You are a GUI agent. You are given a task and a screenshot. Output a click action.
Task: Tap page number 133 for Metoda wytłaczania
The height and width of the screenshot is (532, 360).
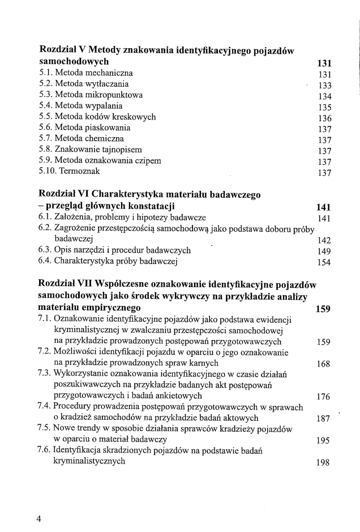(324, 85)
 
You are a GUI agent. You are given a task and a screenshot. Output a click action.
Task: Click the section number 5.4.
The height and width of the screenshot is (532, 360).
(46, 106)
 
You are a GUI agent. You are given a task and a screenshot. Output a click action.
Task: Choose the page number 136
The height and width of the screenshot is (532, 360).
(324, 118)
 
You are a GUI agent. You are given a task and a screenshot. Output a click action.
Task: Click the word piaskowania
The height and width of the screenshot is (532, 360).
(109, 127)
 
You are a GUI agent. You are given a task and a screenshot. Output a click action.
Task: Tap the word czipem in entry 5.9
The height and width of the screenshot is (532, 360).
(148, 161)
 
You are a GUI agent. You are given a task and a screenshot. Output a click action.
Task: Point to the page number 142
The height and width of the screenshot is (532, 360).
(324, 240)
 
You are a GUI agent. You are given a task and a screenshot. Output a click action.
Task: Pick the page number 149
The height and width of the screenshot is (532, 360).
(324, 251)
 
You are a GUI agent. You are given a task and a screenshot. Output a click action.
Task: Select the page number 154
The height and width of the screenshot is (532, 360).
(324, 262)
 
